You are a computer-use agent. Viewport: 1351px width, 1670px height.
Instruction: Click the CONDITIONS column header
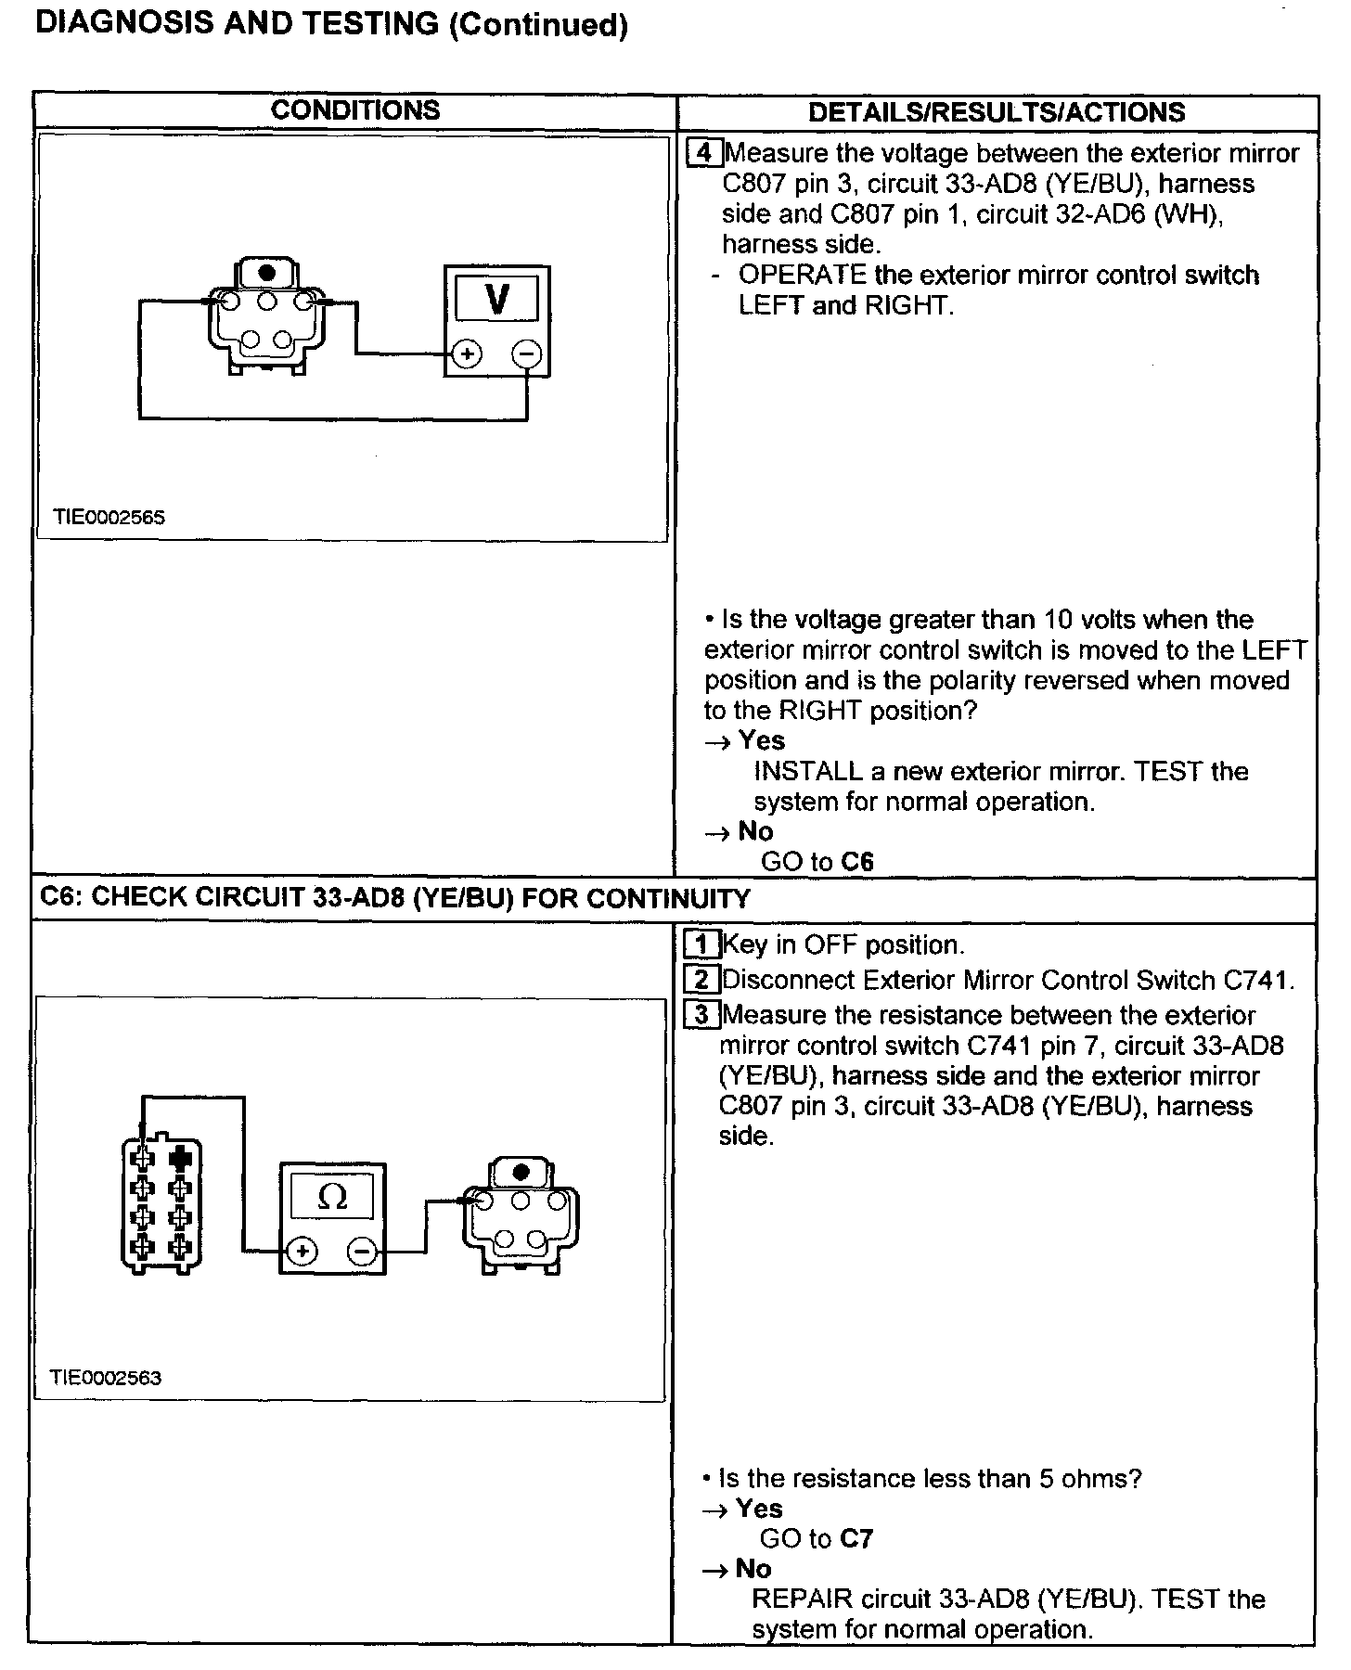point(355,110)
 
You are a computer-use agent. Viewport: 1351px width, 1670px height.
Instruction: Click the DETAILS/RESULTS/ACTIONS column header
point(997,112)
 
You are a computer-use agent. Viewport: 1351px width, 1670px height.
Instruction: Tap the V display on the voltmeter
point(497,300)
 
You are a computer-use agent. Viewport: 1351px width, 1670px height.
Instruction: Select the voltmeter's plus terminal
point(467,353)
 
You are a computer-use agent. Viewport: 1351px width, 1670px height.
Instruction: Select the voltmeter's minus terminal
point(527,353)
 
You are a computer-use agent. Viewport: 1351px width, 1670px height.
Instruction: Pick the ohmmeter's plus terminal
point(302,1252)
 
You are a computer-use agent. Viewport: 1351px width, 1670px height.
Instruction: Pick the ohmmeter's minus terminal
point(362,1252)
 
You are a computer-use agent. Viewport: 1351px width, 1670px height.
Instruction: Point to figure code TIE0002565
point(109,518)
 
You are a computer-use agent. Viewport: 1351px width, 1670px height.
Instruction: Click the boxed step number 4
point(703,152)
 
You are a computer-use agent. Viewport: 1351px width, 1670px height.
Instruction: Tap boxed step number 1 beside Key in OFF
point(701,945)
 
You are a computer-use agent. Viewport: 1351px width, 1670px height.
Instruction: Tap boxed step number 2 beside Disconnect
point(701,980)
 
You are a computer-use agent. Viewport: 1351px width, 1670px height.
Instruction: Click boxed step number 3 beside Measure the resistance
point(701,1015)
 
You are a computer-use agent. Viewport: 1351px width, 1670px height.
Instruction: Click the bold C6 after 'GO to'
point(857,862)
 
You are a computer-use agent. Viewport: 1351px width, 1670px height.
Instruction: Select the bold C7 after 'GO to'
point(856,1538)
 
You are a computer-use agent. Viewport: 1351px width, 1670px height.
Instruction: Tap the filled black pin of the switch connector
point(181,1159)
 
